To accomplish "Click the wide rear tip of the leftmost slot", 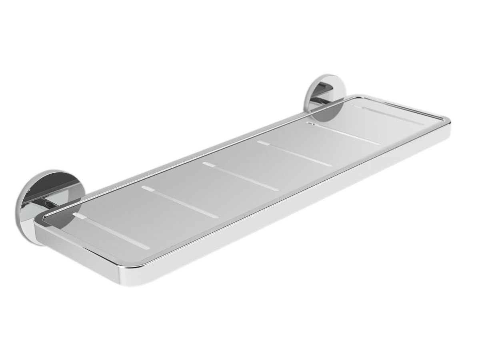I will click(x=78, y=216).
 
